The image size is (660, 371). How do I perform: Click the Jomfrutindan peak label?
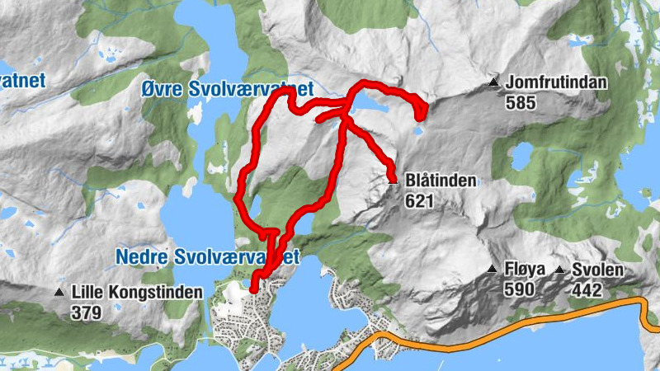(x=557, y=82)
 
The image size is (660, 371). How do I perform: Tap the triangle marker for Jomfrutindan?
(x=494, y=82)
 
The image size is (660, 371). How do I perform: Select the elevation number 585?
(x=522, y=103)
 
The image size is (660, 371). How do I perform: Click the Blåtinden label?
(x=441, y=181)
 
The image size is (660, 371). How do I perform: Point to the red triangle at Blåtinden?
(x=392, y=176)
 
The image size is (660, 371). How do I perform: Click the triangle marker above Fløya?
(x=493, y=270)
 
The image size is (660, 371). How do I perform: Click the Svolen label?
(x=599, y=270)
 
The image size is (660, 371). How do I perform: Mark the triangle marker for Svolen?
(x=560, y=270)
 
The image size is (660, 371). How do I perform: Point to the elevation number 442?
(x=588, y=290)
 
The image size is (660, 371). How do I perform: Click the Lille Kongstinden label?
(x=137, y=292)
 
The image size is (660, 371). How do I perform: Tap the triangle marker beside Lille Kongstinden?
(x=59, y=292)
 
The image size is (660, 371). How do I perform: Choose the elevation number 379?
(x=86, y=312)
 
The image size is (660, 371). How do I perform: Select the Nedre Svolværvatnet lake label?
(x=206, y=257)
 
